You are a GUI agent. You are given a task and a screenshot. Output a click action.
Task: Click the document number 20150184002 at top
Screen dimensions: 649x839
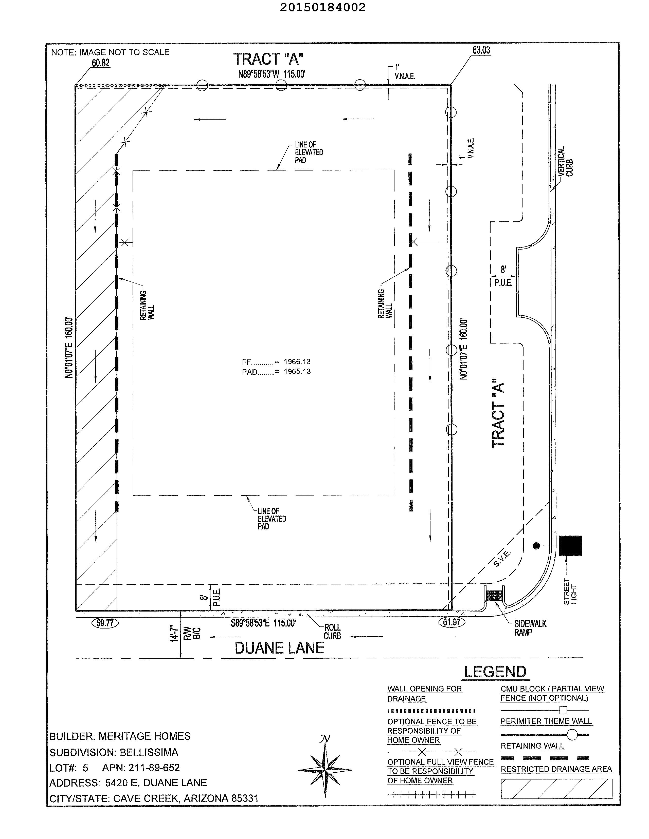[322, 7]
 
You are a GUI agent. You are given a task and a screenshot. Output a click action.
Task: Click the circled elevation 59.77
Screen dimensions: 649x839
[105, 623]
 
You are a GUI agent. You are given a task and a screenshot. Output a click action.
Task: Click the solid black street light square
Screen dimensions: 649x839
[570, 545]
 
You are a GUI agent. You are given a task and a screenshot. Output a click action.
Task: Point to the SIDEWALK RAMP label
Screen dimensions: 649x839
[530, 628]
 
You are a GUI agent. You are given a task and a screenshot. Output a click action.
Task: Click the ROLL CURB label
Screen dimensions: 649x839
[332, 632]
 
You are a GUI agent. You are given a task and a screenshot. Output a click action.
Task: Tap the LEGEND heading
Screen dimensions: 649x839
[495, 672]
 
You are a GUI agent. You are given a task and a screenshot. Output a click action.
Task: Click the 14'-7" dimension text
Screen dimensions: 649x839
[175, 634]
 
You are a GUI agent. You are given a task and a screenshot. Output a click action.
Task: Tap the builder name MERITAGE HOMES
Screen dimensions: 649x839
[145, 736]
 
